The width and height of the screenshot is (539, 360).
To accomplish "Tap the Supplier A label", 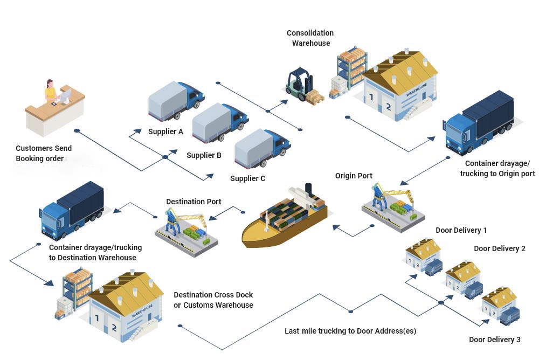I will [x=165, y=131].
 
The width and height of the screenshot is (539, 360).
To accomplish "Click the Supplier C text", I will [x=247, y=178].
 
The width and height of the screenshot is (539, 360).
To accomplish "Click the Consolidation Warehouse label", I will [x=310, y=38].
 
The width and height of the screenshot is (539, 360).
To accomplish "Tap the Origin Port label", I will [x=354, y=176].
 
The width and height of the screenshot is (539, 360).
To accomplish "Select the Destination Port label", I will [x=194, y=202].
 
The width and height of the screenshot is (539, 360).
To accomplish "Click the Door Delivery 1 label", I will [x=461, y=230].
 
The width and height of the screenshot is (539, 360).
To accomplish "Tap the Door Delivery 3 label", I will [x=494, y=340].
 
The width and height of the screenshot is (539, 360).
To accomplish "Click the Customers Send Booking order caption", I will [x=43, y=154].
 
